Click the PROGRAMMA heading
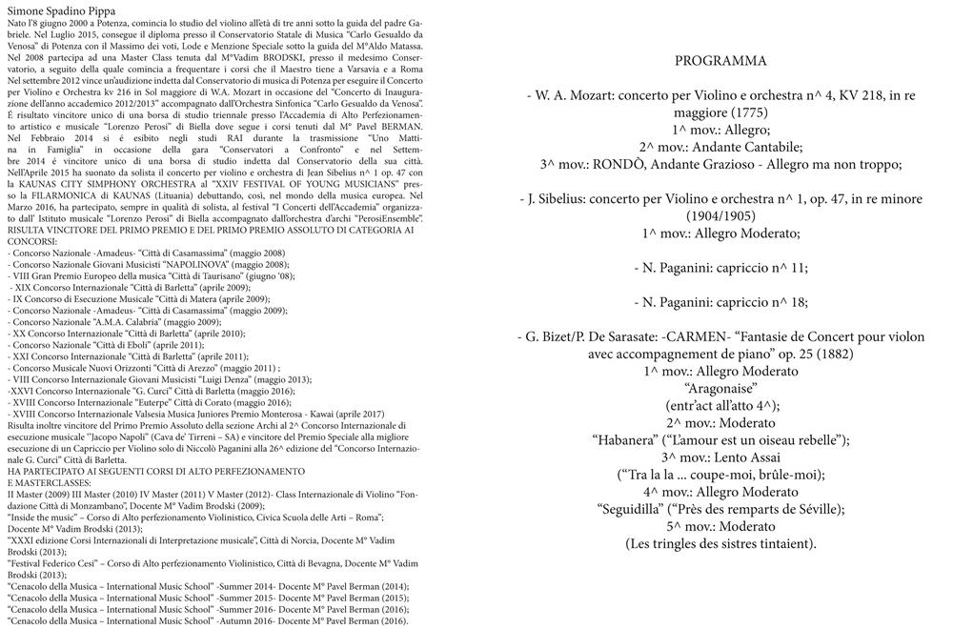coord(720,61)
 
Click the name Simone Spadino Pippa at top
coord(63,8)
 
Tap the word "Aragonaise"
coord(720,388)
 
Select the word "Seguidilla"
coord(638,508)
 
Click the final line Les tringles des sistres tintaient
coord(720,543)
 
